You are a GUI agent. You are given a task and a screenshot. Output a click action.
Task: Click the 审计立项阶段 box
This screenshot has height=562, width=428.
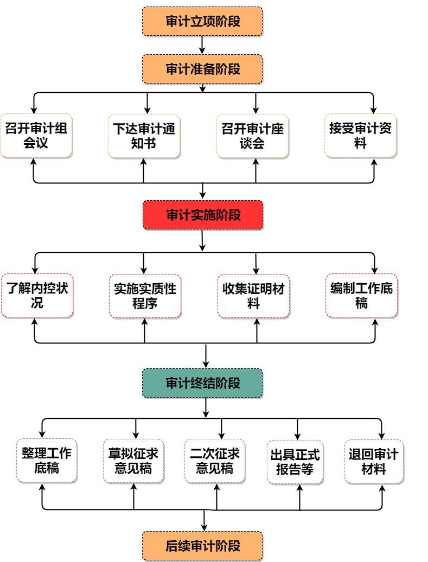[x=202, y=21]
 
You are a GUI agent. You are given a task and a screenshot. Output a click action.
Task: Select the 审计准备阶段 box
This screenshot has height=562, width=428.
[x=202, y=69]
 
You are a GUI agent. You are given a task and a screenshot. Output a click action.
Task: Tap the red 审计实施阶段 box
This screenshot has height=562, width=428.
[x=202, y=215]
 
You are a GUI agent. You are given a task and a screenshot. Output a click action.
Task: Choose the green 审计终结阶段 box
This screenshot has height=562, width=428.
[x=202, y=383]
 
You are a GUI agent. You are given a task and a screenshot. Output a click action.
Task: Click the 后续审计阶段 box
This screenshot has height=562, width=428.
[x=202, y=545]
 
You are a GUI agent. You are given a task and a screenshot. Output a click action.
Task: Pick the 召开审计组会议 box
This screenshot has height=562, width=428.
[x=36, y=136]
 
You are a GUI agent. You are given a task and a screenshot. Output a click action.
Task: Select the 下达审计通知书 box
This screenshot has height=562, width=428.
[x=144, y=136]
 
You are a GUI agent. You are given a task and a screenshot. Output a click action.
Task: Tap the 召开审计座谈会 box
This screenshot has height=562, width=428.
[x=252, y=136]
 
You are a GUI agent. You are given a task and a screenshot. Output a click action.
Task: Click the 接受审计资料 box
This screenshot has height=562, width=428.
[x=361, y=136]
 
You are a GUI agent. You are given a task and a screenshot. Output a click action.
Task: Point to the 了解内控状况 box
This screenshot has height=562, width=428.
[x=37, y=296]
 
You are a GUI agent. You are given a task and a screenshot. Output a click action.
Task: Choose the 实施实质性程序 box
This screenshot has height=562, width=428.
[x=145, y=296]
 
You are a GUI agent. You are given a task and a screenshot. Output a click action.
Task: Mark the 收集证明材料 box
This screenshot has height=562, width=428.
[x=253, y=296]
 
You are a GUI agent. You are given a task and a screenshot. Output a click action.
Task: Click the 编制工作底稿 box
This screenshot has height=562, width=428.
[x=361, y=296]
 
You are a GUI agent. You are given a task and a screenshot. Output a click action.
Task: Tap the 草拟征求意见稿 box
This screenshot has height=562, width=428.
[x=133, y=461]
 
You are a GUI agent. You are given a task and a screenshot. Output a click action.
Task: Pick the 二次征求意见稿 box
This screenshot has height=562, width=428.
[x=214, y=461]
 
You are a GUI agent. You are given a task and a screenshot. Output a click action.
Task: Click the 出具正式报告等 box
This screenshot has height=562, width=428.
[x=295, y=462]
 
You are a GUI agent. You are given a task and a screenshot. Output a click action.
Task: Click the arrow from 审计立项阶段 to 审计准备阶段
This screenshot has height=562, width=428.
[x=202, y=44]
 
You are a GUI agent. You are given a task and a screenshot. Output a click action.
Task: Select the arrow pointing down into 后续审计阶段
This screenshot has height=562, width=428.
[x=205, y=521]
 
